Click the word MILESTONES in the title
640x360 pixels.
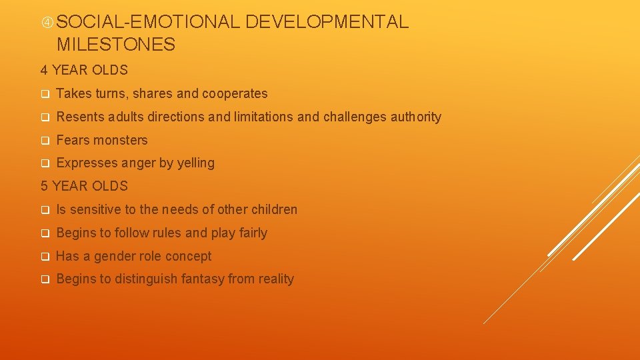click(116, 45)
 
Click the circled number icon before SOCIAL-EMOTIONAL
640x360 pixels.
click(47, 22)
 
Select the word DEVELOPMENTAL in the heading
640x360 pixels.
click(327, 22)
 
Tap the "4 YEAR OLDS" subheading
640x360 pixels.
click(84, 70)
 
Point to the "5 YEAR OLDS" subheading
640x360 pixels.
click(84, 186)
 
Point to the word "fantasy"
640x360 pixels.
click(199, 279)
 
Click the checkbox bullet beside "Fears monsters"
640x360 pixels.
click(45, 141)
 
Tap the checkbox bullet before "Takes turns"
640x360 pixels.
click(45, 95)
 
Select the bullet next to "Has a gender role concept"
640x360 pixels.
click(45, 257)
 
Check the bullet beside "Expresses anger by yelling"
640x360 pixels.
click(45, 164)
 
